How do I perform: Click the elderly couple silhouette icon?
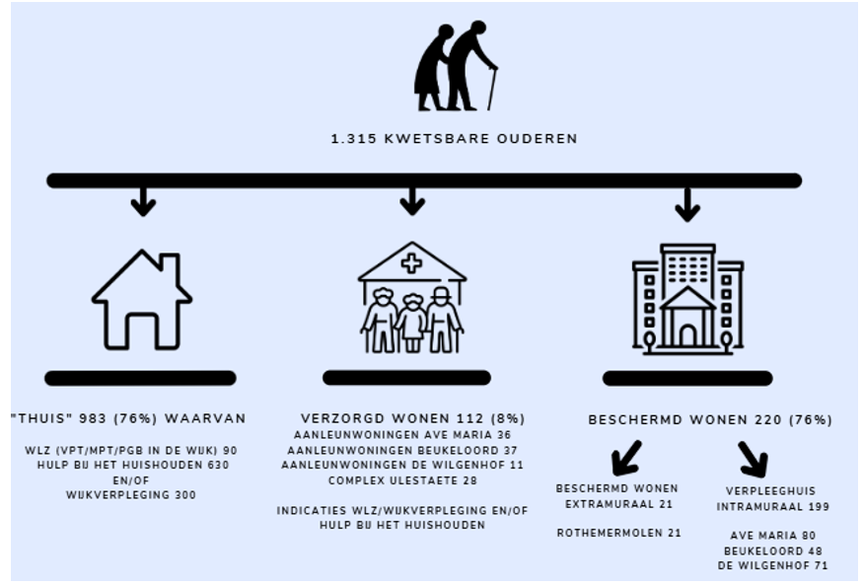pyautogui.click(x=456, y=66)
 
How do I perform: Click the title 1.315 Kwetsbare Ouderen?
pyautogui.click(x=454, y=139)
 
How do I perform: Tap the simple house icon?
pyautogui.click(x=142, y=300)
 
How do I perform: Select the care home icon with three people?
pyautogui.click(x=412, y=297)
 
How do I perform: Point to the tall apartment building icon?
pyautogui.click(x=688, y=299)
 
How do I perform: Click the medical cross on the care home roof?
pyautogui.click(x=411, y=262)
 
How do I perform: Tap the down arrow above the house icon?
pyautogui.click(x=143, y=201)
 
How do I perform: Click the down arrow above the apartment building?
pyautogui.click(x=687, y=204)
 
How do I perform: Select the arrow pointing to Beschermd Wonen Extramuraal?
pyautogui.click(x=626, y=458)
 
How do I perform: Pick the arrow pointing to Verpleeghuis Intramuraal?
pyautogui.click(x=753, y=459)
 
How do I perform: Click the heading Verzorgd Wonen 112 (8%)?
pyautogui.click(x=413, y=418)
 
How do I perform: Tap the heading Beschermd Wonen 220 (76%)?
pyautogui.click(x=710, y=419)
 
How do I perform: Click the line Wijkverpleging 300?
pyautogui.click(x=131, y=495)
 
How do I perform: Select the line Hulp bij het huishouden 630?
pyautogui.click(x=132, y=466)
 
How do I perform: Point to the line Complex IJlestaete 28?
pyautogui.click(x=402, y=480)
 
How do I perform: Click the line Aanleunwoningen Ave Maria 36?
pyautogui.click(x=402, y=435)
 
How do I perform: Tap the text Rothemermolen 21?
pyautogui.click(x=618, y=533)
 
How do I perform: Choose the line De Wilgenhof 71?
pyautogui.click(x=772, y=565)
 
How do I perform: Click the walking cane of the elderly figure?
pyautogui.click(x=491, y=88)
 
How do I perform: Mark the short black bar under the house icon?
pyautogui.click(x=140, y=379)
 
